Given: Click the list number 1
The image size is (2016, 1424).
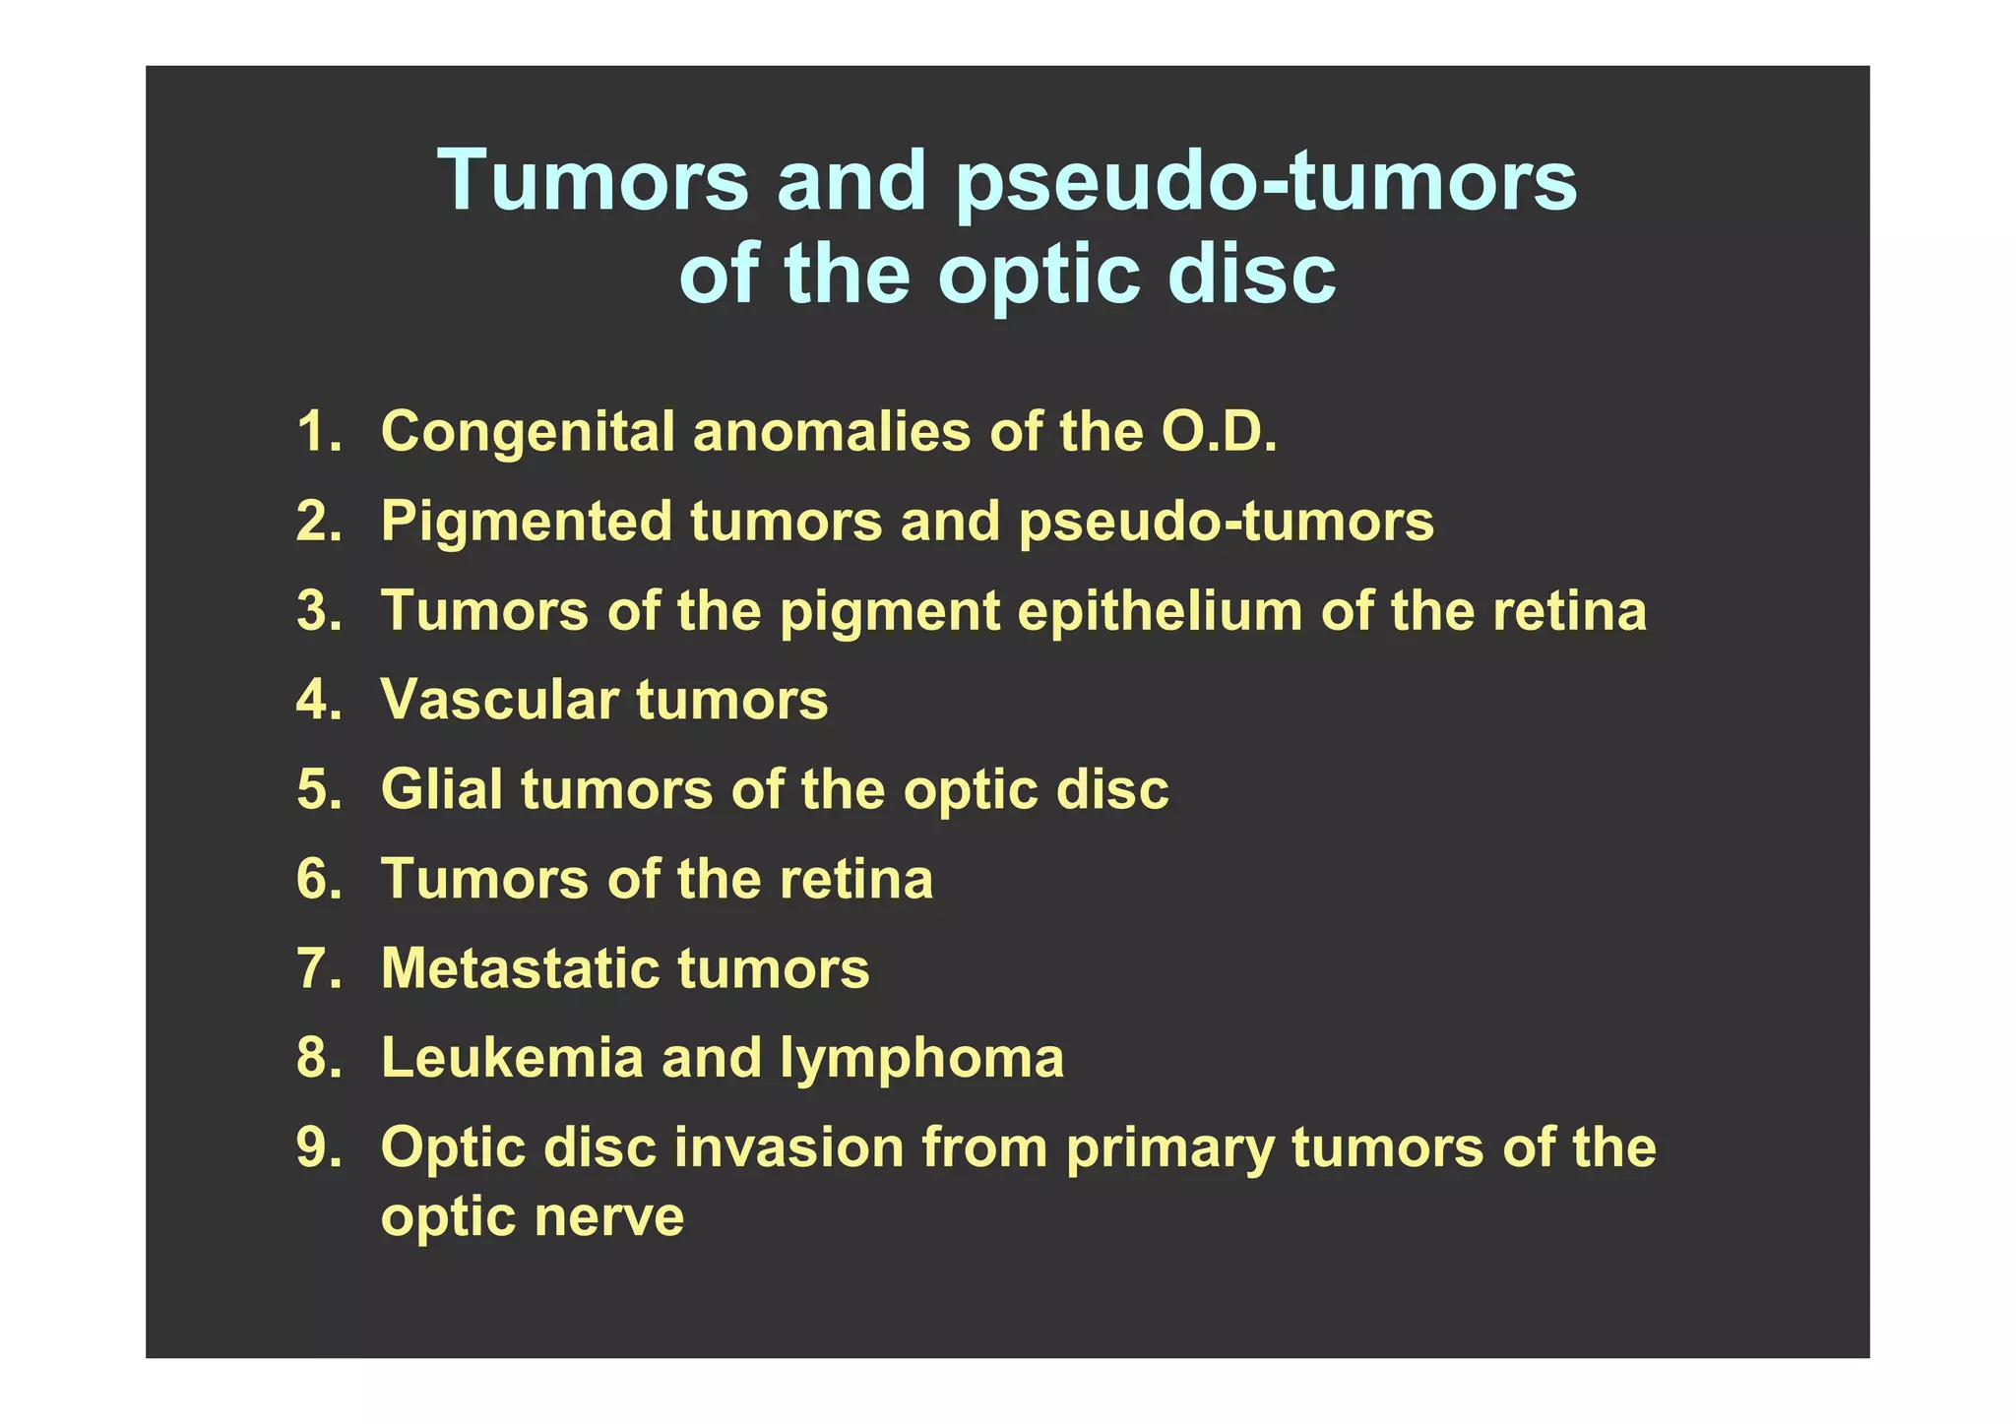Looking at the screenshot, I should (318, 432).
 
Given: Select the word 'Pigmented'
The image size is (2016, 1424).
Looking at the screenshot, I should (526, 523).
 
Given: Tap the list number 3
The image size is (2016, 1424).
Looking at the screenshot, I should (318, 611).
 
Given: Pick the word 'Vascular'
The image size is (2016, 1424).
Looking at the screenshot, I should (500, 700).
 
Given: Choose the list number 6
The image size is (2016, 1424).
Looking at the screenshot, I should (318, 879).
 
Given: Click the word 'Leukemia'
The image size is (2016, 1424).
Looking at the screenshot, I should (512, 1058).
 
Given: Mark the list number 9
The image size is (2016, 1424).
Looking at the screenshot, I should (318, 1147).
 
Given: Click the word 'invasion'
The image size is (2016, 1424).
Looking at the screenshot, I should (788, 1147).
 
